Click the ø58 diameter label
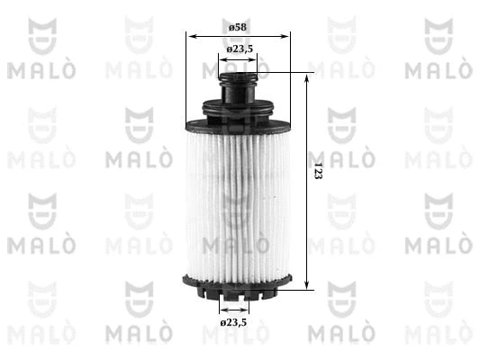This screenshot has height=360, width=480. coord(238,26)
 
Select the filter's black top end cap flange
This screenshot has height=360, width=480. coord(238,117)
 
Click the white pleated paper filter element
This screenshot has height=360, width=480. coord(238,198)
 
